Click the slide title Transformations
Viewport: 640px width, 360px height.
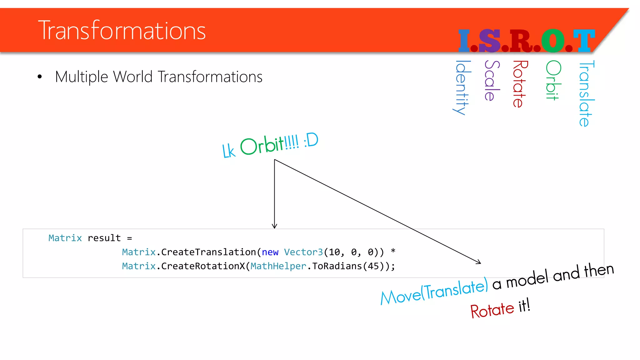pyautogui.click(x=122, y=30)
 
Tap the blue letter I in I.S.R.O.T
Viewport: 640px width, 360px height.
pyautogui.click(x=464, y=41)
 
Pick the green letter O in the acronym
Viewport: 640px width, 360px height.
pyautogui.click(x=553, y=41)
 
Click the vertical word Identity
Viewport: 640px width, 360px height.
pyautogui.click(x=461, y=87)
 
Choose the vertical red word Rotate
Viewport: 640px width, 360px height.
pyautogui.click(x=520, y=84)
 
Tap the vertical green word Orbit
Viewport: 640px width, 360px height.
pyautogui.click(x=553, y=80)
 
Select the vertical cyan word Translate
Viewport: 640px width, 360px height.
pyautogui.click(x=586, y=93)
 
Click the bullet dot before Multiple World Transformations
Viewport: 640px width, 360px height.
pyautogui.click(x=39, y=77)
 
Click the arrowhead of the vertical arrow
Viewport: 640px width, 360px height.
pyautogui.click(x=274, y=226)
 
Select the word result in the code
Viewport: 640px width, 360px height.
pyautogui.click(x=104, y=238)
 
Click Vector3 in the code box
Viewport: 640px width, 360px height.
pyautogui.click(x=303, y=252)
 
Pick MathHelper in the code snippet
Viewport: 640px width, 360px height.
pyautogui.click(x=278, y=266)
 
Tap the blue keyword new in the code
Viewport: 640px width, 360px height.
pyautogui.click(x=270, y=252)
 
